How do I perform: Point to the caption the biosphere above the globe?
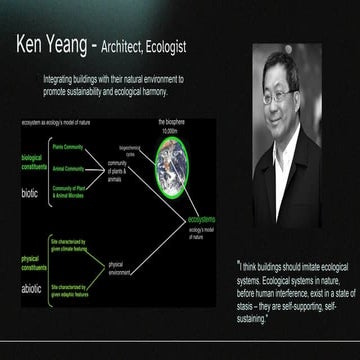tap(166, 121)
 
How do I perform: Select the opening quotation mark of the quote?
tap(240, 266)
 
